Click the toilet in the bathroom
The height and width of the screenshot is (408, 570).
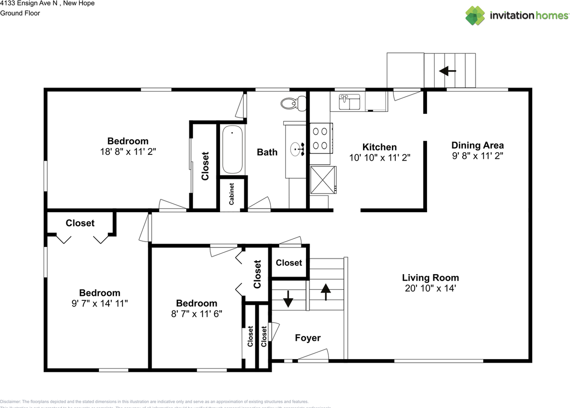point(292,104)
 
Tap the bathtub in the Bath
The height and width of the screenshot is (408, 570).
point(232,149)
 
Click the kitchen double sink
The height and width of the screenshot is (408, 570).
point(350,102)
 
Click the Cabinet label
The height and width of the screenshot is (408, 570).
point(232,194)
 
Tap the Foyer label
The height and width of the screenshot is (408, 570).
point(308,338)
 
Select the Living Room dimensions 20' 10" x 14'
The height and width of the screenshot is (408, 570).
point(430,288)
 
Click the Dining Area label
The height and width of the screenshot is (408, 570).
point(477,145)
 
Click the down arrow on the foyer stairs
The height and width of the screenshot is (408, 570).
point(288,299)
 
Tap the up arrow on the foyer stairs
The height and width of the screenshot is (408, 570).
point(326,292)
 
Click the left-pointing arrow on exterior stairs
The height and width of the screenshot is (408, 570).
point(448,70)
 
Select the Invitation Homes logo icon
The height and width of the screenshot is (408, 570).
point(475,16)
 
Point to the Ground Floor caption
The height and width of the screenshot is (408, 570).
point(20,13)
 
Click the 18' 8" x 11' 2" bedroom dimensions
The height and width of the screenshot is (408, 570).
point(128,152)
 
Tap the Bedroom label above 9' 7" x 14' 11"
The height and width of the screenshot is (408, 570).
point(100,293)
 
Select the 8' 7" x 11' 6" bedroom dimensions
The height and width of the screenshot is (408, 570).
point(196,313)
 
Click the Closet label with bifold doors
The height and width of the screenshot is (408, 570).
point(80,223)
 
